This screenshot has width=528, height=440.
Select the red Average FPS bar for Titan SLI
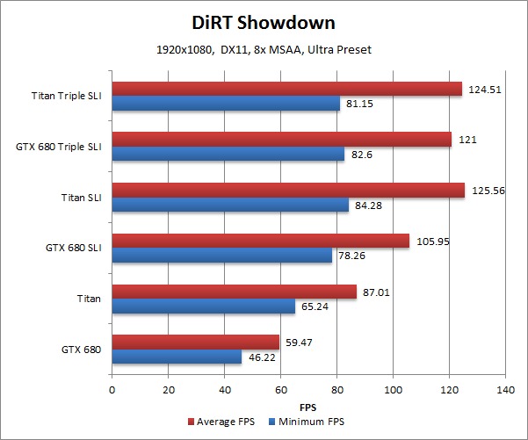click(287, 190)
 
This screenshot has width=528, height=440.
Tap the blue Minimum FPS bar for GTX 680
click(177, 357)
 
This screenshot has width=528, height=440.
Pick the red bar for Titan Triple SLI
click(286, 89)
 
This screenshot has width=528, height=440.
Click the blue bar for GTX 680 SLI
click(221, 256)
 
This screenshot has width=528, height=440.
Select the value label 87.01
click(376, 291)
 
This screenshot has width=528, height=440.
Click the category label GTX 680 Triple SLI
click(58, 147)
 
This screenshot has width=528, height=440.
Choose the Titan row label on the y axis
click(88, 299)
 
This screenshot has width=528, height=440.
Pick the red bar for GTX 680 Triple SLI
click(281, 139)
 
